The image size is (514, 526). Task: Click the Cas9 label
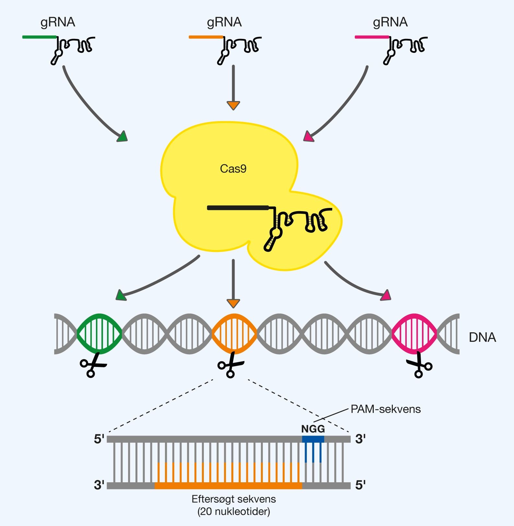coord(233,169)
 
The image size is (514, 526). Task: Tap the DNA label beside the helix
coord(482,337)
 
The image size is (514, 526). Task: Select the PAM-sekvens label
coord(386,409)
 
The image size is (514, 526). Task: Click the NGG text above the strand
coord(313,429)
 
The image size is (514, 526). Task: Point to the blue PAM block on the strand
coord(313,439)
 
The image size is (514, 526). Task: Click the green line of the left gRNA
coord(39,37)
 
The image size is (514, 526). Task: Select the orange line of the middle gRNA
coord(206,37)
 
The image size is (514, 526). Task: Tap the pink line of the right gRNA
coord(372,37)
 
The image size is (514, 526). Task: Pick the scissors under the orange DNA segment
coord(231,366)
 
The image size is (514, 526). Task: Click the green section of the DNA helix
coord(99,334)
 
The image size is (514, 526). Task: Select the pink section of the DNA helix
coord(414,334)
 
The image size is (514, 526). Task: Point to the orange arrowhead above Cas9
coord(233,106)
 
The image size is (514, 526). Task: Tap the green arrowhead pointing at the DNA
coord(121,295)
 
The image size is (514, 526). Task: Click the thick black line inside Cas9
coord(238,208)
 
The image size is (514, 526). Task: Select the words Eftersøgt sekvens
coord(234,499)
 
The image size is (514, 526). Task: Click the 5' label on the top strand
coord(99,439)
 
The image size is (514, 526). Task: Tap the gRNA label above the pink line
coord(390,22)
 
